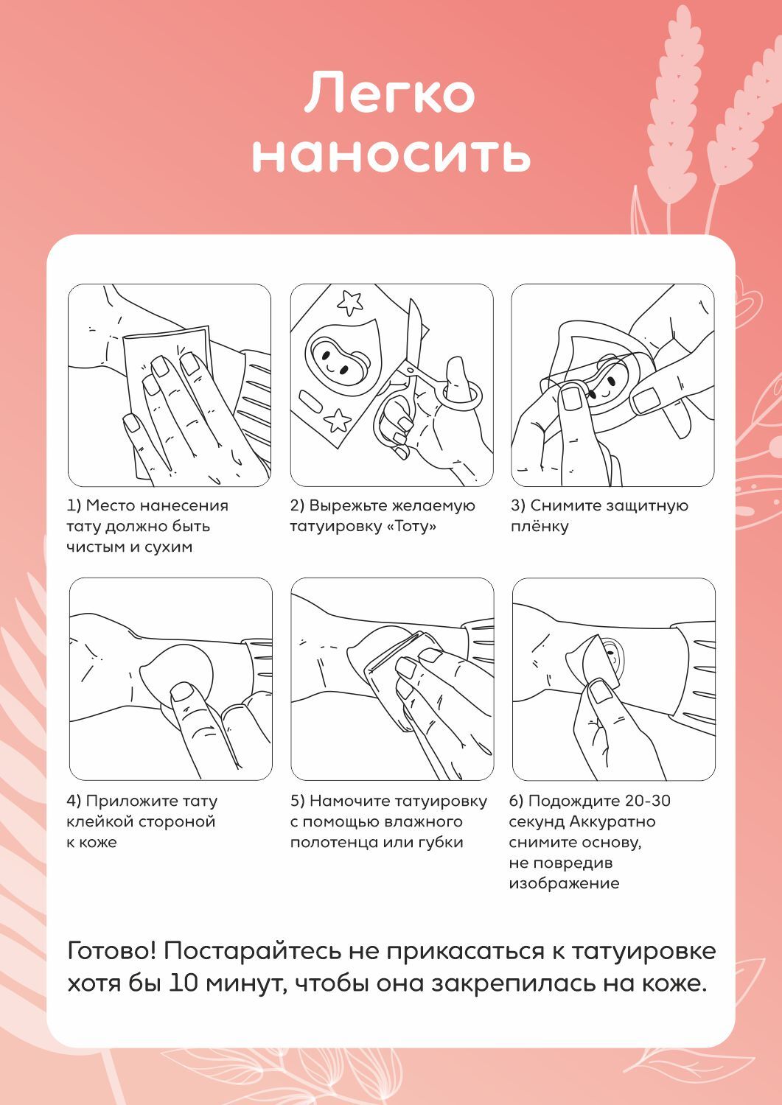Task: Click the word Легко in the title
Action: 389,93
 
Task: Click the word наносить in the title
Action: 391,155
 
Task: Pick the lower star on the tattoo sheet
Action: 338,421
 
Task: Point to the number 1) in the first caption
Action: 74,505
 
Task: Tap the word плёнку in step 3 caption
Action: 540,527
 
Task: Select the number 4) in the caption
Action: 74,801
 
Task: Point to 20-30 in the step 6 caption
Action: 647,801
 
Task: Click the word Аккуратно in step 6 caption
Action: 612,821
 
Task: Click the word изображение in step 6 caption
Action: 564,883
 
